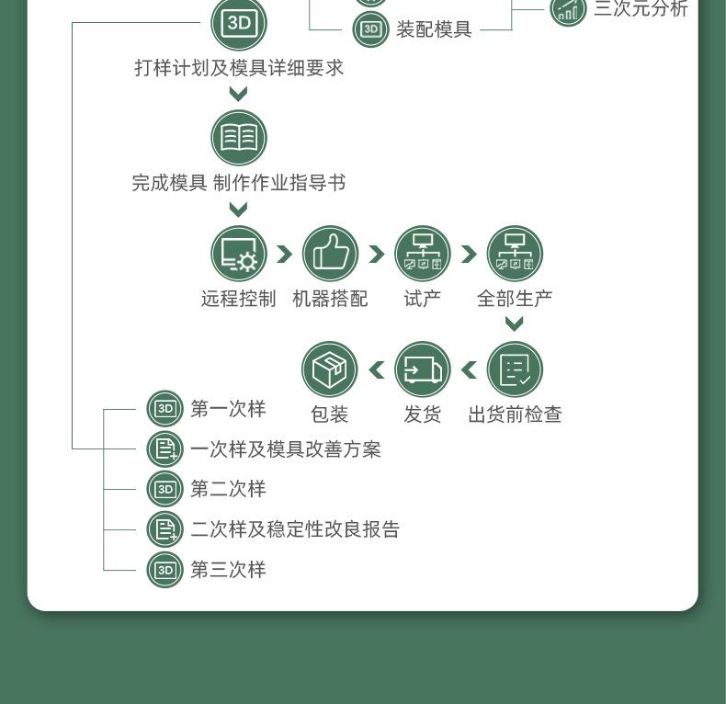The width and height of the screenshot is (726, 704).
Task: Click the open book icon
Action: point(239,138)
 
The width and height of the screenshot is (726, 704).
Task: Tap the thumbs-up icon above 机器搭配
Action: point(331,254)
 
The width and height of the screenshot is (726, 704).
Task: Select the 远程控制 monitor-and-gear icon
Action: point(239,254)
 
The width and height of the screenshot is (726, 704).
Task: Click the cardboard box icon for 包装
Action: point(330,369)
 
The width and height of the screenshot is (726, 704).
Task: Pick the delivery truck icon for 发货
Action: point(422,369)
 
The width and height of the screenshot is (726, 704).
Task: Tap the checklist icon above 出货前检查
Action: point(515,369)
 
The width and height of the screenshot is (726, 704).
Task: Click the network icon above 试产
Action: point(422,254)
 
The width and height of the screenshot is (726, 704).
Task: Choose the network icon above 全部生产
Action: point(515,254)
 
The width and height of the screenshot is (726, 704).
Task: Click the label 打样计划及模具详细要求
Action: point(239,68)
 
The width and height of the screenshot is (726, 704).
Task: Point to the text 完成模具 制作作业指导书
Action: point(239,183)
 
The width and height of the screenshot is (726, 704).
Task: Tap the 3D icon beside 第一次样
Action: point(164,408)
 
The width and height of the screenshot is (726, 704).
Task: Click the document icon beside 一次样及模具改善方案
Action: point(164,449)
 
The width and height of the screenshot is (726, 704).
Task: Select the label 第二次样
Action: point(228,489)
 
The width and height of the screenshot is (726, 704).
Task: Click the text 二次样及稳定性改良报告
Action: point(295,529)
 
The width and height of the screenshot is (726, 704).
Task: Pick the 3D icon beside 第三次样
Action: point(164,570)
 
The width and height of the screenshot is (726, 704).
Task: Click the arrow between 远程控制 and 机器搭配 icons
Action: point(285,254)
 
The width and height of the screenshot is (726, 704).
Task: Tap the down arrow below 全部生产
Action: point(515,324)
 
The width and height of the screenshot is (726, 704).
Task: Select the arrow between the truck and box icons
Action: point(377,369)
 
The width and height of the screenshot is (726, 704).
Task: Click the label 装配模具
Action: point(434,29)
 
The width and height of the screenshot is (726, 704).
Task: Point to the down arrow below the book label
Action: point(238,210)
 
